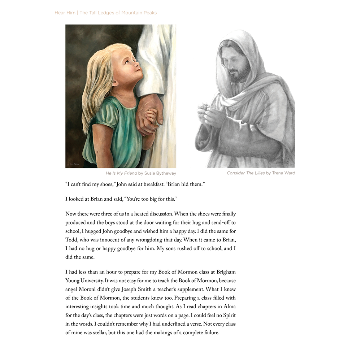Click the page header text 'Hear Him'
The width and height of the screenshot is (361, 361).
click(65, 13)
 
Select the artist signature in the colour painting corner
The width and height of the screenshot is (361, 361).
click(75, 164)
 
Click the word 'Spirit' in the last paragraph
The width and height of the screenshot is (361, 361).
click(227, 315)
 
